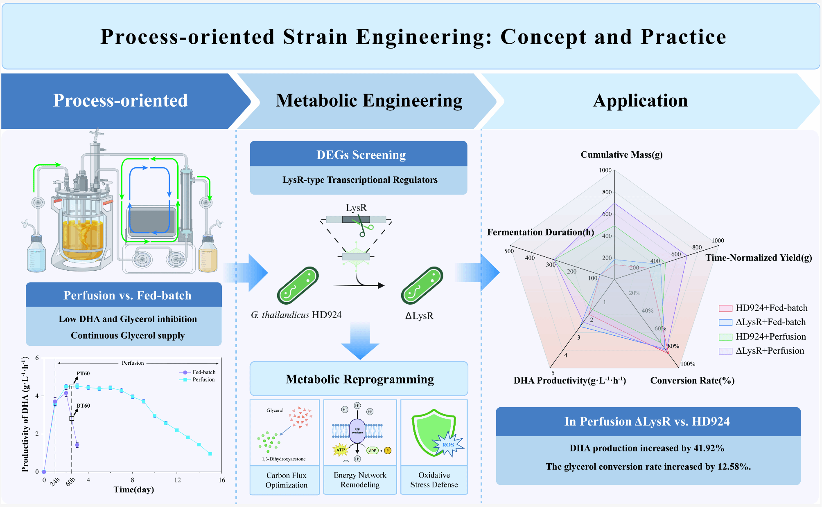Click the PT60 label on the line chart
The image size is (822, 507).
coord(83,373)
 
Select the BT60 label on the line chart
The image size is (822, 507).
coord(83,406)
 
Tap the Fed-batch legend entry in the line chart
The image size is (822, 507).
coord(203,372)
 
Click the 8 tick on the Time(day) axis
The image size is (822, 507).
coord(132,480)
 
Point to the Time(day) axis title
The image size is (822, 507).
coord(134,489)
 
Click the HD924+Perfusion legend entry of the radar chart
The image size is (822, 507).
coord(770,337)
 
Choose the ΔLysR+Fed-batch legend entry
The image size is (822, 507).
coord(770,322)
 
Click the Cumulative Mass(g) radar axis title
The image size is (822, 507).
coord(621,155)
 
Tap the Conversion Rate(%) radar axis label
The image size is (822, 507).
coord(692,381)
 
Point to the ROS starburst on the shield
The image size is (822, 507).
coord(448,444)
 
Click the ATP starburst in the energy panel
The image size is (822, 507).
coord(340,450)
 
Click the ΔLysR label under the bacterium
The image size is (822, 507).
coord(419,316)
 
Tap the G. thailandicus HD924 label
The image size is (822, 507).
coord(296,315)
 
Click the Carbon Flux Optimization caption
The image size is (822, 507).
coord(286,480)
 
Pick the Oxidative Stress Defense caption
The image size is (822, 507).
coord(434,480)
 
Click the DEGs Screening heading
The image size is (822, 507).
coord(361,155)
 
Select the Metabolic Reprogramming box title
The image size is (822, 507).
coord(359,379)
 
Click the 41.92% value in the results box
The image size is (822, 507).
coord(709,448)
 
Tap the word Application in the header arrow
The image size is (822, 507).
coord(640,101)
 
